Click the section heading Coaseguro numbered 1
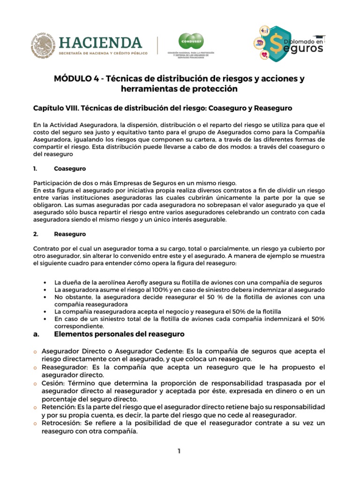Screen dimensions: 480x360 point(70,168)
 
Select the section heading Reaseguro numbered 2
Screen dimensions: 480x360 point(70,233)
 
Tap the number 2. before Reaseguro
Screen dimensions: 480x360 point(36,233)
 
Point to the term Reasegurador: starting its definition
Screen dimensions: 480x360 point(64,367)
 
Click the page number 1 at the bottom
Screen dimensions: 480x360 point(179,451)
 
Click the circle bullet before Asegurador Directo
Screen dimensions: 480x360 point(35,351)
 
